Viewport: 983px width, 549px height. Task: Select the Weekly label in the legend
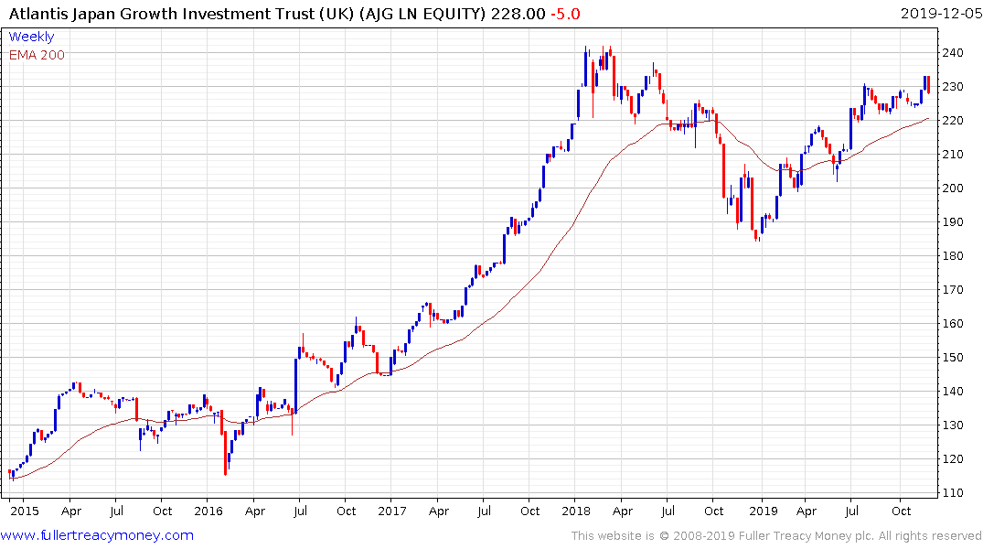tap(31, 38)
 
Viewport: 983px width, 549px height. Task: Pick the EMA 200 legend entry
tap(37, 55)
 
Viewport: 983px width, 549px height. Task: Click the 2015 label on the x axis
tap(26, 511)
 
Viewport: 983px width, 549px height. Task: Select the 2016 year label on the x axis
tap(208, 511)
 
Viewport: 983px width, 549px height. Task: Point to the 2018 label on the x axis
tap(575, 511)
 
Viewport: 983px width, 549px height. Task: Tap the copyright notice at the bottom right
tap(775, 535)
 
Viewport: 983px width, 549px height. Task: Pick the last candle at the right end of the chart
tap(929, 84)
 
